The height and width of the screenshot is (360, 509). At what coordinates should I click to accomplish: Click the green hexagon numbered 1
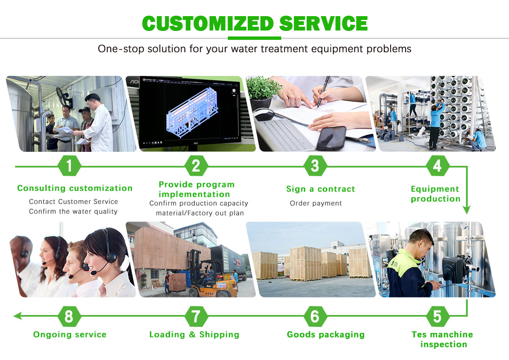coord(69,166)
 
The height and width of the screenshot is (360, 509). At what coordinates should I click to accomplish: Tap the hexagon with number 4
coord(437,166)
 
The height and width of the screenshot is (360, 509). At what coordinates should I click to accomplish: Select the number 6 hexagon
coord(315,316)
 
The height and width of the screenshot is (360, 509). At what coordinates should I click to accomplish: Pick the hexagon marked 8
coord(69,316)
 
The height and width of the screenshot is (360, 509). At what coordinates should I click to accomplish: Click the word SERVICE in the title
coord(323,23)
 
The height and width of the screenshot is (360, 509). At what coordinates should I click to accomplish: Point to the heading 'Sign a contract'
coord(320,189)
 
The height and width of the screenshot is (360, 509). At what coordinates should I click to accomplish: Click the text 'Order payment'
coord(316,204)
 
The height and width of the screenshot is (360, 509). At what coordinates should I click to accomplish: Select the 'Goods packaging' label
coord(325,335)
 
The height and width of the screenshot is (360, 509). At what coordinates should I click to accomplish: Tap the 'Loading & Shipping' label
coord(194,335)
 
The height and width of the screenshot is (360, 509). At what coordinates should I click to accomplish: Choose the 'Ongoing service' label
coord(70,335)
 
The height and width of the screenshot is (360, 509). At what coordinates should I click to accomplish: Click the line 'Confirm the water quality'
coord(73,211)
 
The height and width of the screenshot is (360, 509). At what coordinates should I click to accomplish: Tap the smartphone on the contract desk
coord(331,138)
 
